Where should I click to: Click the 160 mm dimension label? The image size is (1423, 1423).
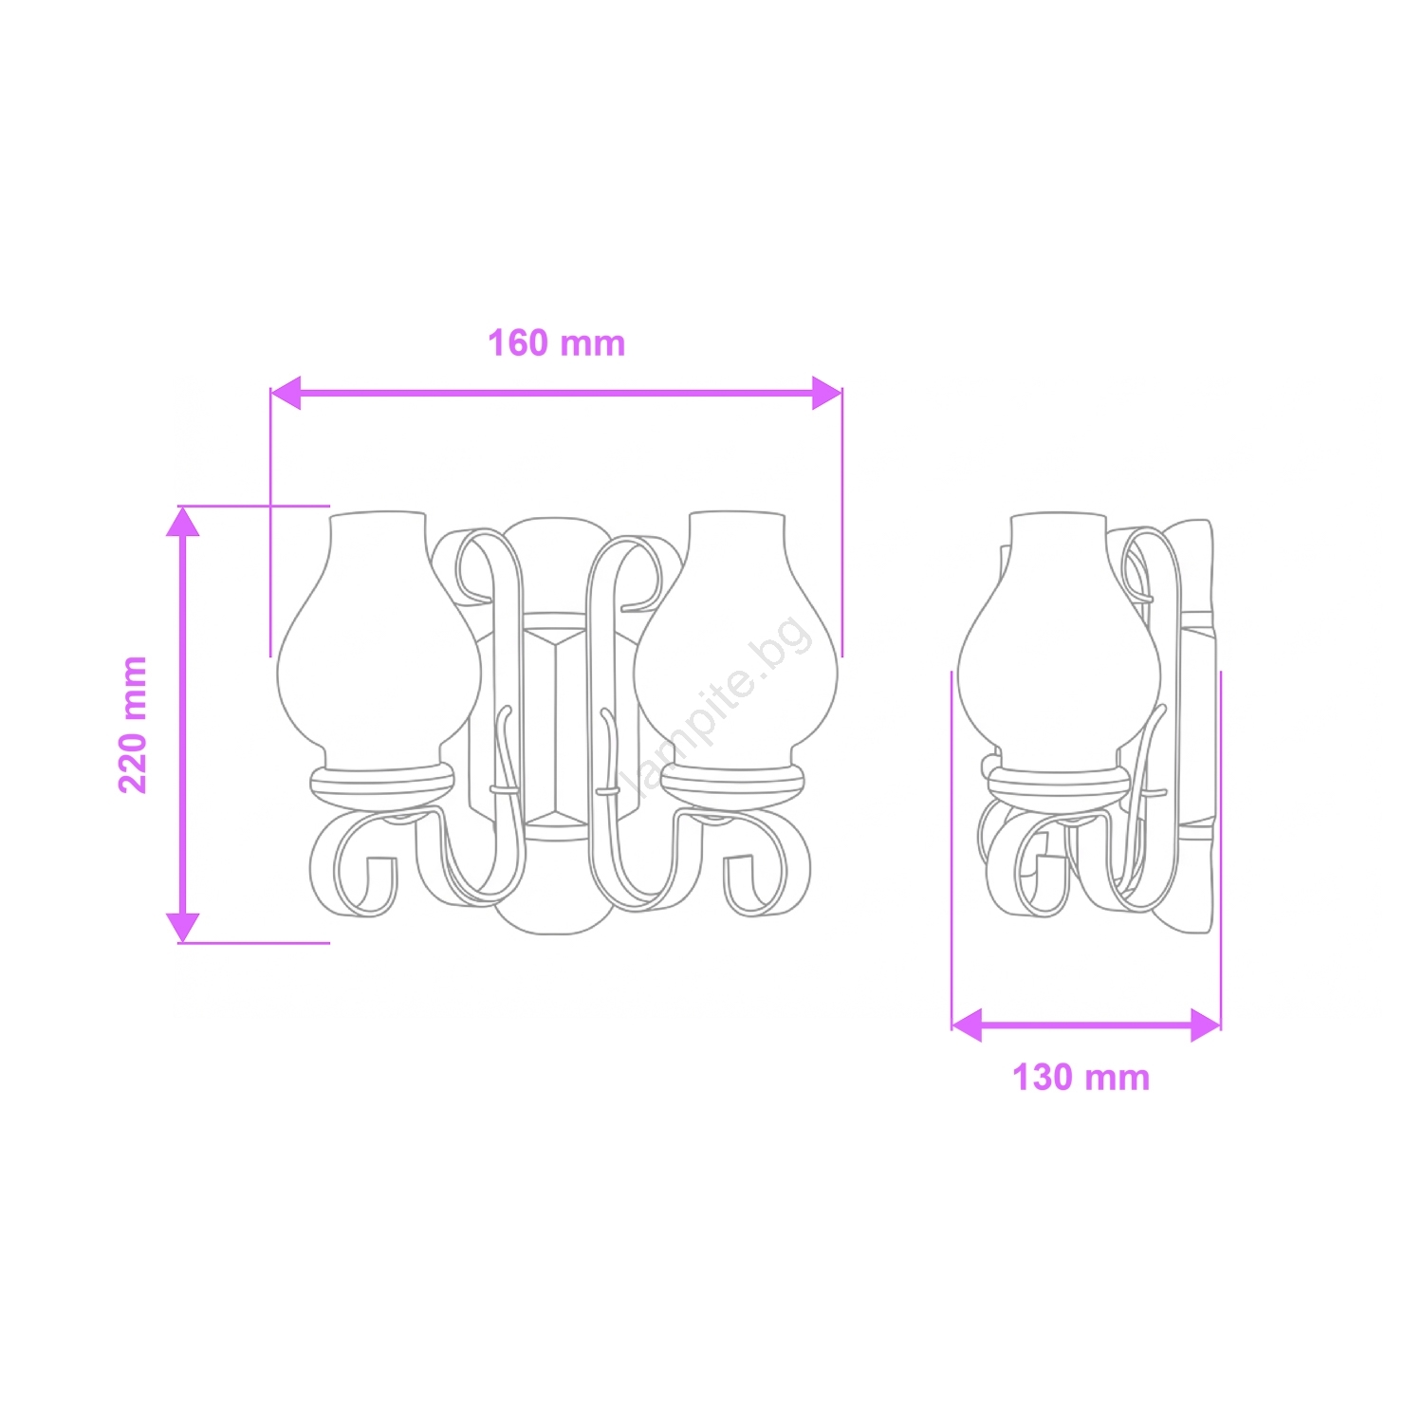(x=557, y=343)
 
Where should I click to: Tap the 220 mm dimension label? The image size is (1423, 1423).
(x=133, y=725)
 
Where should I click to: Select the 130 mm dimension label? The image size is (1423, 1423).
(x=1081, y=1078)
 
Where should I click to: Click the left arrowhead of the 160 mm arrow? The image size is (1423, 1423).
(x=286, y=392)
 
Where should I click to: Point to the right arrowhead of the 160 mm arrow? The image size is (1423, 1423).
(x=827, y=392)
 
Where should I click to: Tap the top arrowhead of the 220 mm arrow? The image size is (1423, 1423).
(x=183, y=521)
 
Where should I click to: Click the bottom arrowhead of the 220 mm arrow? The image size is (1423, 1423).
(x=183, y=928)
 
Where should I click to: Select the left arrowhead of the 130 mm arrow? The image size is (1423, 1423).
(x=967, y=1026)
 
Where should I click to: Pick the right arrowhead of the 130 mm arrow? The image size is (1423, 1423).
(x=1206, y=1026)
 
